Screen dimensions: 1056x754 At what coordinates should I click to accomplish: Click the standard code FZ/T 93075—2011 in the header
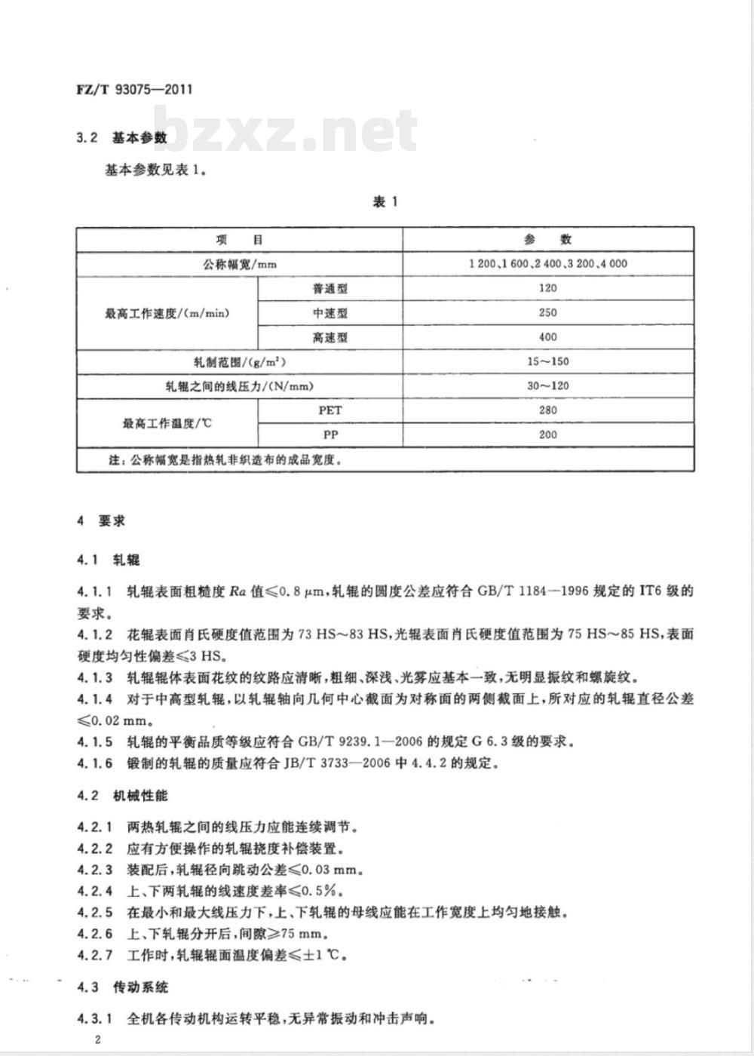(135, 89)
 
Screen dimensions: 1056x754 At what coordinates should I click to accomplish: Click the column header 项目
(239, 240)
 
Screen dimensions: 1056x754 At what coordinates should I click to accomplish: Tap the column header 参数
(547, 240)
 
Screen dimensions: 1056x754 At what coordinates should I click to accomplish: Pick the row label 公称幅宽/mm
(239, 264)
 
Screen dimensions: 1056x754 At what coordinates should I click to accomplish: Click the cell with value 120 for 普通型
(547, 288)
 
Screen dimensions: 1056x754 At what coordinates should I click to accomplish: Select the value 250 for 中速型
(547, 312)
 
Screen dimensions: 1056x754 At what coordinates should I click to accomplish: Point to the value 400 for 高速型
(547, 337)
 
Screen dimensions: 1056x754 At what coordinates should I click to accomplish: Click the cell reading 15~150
(547, 361)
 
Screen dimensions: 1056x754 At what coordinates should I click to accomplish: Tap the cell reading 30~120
(547, 385)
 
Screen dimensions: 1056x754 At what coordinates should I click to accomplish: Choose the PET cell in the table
(330, 410)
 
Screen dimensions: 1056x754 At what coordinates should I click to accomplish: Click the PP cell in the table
(330, 434)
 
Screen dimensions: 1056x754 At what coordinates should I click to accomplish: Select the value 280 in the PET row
(547, 410)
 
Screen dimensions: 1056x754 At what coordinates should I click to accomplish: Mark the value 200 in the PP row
(547, 434)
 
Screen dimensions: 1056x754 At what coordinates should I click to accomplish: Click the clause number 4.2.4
(95, 891)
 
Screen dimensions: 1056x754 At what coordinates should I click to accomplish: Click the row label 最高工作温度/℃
(167, 423)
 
